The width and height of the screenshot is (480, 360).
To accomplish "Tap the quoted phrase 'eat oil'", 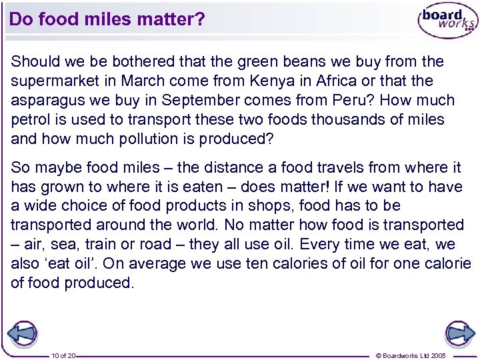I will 66,263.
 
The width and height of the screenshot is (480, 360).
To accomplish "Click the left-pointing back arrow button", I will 22,332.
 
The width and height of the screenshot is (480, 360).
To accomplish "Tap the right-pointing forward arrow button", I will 458,332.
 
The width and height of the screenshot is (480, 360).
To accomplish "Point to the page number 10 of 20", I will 63,356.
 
